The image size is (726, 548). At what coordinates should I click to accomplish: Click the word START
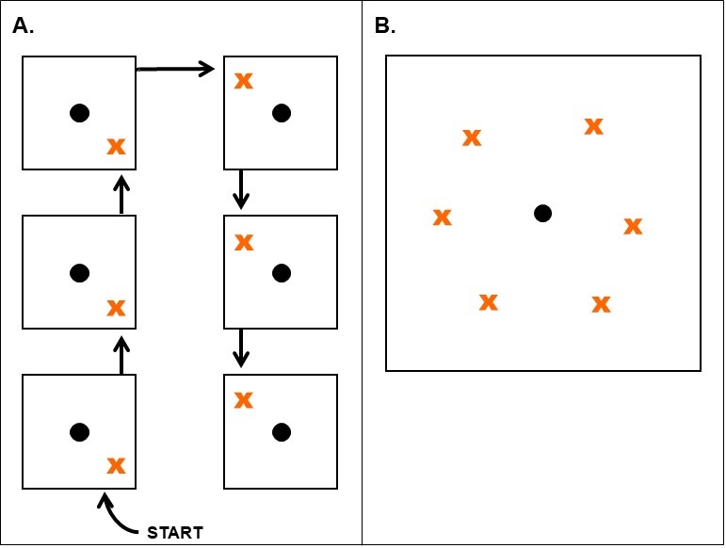(x=175, y=533)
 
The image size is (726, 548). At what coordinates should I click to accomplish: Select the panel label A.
(x=24, y=26)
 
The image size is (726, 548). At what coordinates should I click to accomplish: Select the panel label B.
(x=385, y=26)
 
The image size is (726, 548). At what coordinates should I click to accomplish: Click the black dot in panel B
(x=542, y=213)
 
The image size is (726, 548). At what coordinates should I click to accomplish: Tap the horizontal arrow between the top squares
(x=175, y=68)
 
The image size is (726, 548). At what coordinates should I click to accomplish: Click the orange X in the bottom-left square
(x=116, y=465)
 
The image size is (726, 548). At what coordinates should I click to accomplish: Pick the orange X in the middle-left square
(x=116, y=307)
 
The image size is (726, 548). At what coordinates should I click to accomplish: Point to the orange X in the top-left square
(x=116, y=146)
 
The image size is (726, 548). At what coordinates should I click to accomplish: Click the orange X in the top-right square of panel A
(x=243, y=80)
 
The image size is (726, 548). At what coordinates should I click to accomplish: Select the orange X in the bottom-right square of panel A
(x=243, y=399)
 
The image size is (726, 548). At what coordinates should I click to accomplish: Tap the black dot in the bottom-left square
(x=79, y=432)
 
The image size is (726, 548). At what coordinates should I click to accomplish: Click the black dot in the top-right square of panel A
(x=281, y=113)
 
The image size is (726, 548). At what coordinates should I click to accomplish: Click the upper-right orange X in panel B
(x=593, y=125)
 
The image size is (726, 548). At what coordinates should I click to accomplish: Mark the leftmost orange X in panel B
(x=442, y=218)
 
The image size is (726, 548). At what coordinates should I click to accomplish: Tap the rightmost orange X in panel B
(x=633, y=226)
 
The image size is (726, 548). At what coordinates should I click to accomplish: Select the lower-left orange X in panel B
(x=488, y=302)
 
